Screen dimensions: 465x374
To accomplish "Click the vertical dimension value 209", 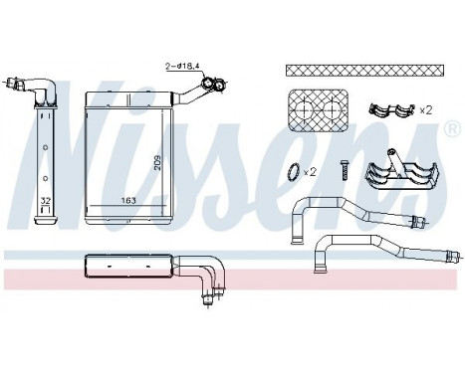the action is [x=156, y=161].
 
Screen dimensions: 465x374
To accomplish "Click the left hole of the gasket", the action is [x=306, y=105].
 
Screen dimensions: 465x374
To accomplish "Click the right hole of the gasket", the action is [x=331, y=105].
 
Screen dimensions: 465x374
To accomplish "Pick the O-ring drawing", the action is [x=289, y=170].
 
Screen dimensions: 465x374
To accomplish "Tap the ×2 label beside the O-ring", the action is [x=311, y=171].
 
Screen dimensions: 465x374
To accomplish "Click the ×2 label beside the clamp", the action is [x=425, y=108].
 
